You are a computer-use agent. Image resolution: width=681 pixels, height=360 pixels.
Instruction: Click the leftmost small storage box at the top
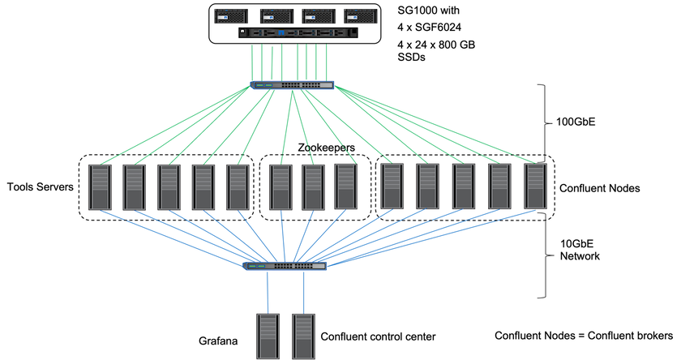pos(231,15)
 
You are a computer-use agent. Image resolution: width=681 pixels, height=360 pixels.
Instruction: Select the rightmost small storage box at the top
pos(361,15)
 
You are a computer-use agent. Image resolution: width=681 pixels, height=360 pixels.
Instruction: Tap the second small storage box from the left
pos(276,15)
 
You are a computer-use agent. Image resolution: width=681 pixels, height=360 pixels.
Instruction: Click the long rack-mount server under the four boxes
pos(298,32)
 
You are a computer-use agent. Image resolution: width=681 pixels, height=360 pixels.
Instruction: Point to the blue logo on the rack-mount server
pos(281,32)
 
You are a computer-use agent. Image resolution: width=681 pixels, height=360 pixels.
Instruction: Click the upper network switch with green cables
pos(293,85)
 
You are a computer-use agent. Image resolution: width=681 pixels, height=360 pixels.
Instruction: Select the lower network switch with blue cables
pos(285,266)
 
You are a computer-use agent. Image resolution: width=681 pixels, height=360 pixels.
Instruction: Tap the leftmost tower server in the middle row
pos(101,187)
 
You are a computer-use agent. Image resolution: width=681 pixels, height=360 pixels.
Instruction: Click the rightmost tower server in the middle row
pos(535,186)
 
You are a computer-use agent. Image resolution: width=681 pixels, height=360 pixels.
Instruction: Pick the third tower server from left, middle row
pos(169,187)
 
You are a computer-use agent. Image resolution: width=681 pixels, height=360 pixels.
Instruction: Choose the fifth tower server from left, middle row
pos(238,187)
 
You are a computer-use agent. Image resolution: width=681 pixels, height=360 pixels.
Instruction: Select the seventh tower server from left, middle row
pos(313,187)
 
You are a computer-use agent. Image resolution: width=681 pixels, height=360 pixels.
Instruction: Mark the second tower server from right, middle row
pos(500,186)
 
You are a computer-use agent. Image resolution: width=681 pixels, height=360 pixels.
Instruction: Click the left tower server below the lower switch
pos(268,336)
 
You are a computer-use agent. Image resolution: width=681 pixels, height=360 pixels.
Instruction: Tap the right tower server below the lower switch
pos(304,336)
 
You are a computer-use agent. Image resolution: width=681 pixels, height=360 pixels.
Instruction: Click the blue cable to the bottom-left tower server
pos(267,292)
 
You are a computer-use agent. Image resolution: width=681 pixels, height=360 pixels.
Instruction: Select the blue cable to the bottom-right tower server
pos(304,292)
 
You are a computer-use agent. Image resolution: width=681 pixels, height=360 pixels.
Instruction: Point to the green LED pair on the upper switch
pos(263,85)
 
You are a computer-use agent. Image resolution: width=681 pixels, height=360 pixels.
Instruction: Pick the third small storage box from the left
pos(319,15)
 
